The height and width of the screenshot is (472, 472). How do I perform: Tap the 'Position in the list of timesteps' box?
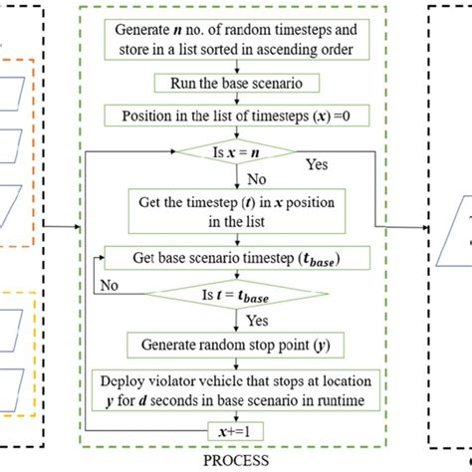(236, 117)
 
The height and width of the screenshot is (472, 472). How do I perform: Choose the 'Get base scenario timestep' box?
(236, 257)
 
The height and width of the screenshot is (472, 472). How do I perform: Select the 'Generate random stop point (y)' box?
(236, 345)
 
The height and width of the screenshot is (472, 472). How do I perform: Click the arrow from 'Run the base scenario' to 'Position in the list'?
(236, 101)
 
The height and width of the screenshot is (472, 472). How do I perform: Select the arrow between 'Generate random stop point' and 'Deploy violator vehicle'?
(236, 362)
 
